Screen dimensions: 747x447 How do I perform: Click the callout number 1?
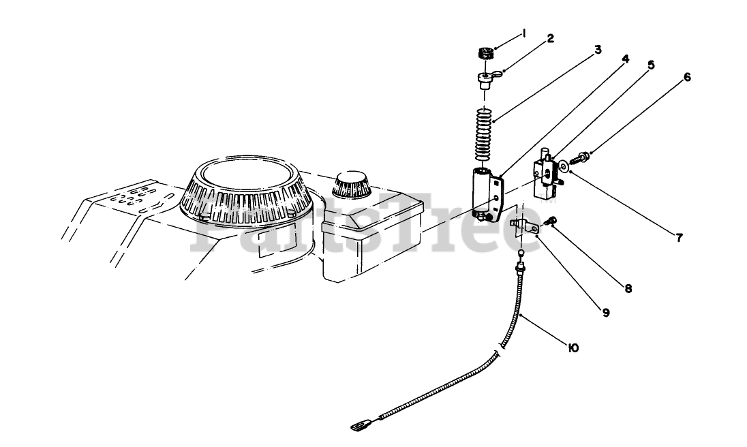(x=525, y=32)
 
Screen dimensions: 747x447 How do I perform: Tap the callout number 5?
(x=651, y=65)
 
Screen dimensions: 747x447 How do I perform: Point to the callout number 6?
(x=687, y=78)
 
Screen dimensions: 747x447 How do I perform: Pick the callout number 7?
(x=680, y=238)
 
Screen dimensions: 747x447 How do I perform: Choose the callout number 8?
(x=628, y=288)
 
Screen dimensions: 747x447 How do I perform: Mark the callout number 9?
(x=605, y=313)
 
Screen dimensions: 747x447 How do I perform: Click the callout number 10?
(x=573, y=348)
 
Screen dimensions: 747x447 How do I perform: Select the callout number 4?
(x=625, y=59)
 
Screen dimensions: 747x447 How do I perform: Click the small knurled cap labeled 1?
(x=485, y=52)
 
